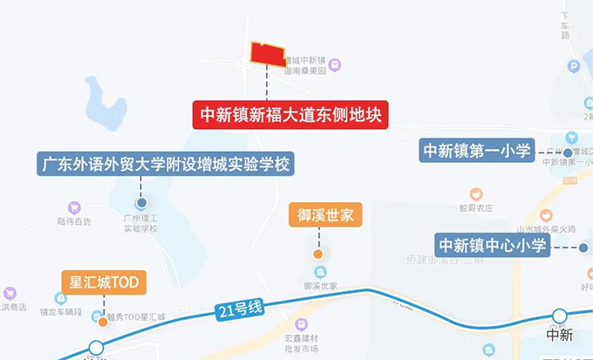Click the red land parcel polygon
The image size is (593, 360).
pos(268,54)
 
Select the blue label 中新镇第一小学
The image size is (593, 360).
pos(477,150)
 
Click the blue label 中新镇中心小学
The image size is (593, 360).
pos(492,246)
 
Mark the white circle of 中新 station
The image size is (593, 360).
pos(558,316)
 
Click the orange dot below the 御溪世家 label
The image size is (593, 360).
pos(319,255)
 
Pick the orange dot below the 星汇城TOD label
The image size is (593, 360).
pos(104,321)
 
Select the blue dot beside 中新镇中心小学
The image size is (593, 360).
pos(583,248)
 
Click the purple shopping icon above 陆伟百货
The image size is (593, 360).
pos(74,208)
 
